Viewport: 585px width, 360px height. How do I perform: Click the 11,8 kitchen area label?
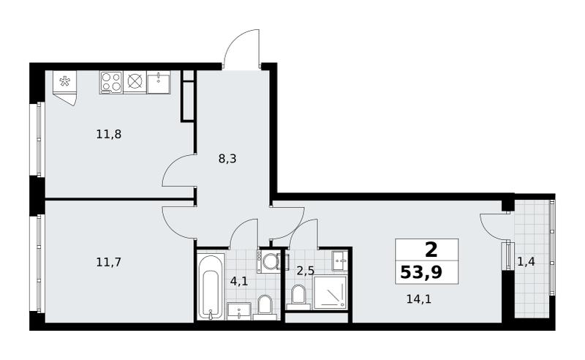(108, 134)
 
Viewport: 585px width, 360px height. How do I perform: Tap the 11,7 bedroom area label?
(108, 263)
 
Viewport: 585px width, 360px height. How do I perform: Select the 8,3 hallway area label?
(227, 159)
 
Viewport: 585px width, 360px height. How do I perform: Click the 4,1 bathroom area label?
(239, 281)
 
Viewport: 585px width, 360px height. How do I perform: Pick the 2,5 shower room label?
(305, 271)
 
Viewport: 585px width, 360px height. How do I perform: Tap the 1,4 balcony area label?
(526, 262)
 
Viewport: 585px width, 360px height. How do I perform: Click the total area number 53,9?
(421, 272)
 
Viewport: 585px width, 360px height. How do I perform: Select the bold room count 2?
(431, 250)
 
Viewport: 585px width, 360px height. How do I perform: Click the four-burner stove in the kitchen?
(111, 82)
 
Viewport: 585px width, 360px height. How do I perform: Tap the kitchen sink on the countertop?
(159, 82)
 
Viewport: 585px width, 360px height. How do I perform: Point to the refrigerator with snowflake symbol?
(65, 88)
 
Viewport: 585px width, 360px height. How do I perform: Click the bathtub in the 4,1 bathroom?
(210, 287)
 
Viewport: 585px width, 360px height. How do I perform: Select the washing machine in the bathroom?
(268, 261)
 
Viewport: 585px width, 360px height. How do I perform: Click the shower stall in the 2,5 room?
(331, 293)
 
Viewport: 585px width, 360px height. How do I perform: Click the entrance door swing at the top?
(243, 48)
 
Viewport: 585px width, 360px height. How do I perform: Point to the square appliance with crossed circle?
(135, 82)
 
